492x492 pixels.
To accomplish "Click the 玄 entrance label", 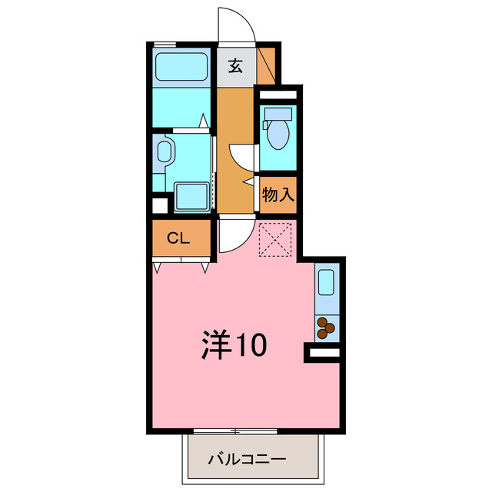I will point(235,66).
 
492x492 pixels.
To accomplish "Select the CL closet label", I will point(179,238).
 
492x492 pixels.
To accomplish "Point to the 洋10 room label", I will point(234,345).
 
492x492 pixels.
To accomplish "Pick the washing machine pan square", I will point(191,197).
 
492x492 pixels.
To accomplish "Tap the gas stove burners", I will point(326,328).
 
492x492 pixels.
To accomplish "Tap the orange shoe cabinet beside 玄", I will point(268,65).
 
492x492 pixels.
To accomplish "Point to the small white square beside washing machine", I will point(160,205).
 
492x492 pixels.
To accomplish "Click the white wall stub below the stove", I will point(324,352).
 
